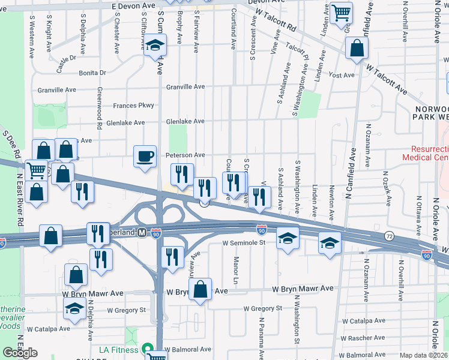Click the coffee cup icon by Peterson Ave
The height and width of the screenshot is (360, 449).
point(145,157)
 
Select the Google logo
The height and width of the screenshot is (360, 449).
point(20,353)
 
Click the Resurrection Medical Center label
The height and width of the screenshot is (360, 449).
point(430,153)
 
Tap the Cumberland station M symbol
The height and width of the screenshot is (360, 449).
point(142,232)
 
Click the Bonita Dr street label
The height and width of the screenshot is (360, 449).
point(92,73)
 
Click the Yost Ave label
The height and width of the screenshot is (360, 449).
point(342,75)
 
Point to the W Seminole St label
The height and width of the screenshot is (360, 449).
point(244,243)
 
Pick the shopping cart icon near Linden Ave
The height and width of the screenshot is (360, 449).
point(341,12)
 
